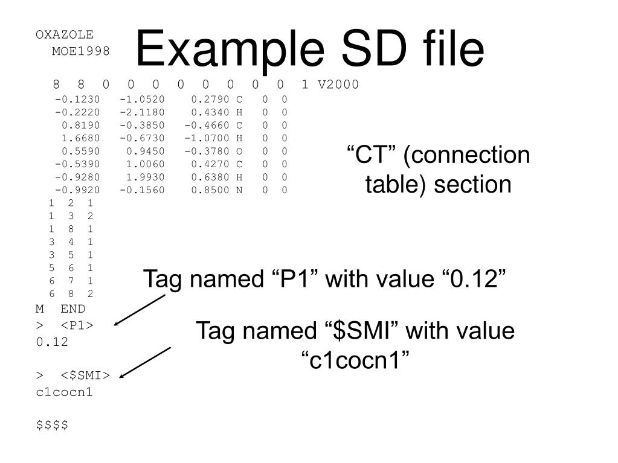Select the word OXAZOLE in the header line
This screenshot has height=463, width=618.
click(x=65, y=34)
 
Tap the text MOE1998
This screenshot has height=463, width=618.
click(x=81, y=51)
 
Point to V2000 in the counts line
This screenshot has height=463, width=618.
click(x=338, y=85)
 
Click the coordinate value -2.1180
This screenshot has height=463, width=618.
click(x=142, y=112)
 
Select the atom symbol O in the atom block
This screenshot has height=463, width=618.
click(x=239, y=152)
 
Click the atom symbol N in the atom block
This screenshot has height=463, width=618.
click(x=239, y=191)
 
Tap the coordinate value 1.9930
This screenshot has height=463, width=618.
click(x=145, y=177)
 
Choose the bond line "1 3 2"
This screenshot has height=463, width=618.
click(x=71, y=216)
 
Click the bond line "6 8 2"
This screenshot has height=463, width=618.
click(x=71, y=294)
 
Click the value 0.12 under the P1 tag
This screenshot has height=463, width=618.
click(x=52, y=342)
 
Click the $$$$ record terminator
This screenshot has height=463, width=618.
click(x=52, y=425)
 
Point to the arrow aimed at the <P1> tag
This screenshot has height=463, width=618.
click(x=139, y=310)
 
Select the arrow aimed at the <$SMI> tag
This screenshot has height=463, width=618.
click(x=145, y=362)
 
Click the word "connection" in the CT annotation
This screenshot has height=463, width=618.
click(x=468, y=156)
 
